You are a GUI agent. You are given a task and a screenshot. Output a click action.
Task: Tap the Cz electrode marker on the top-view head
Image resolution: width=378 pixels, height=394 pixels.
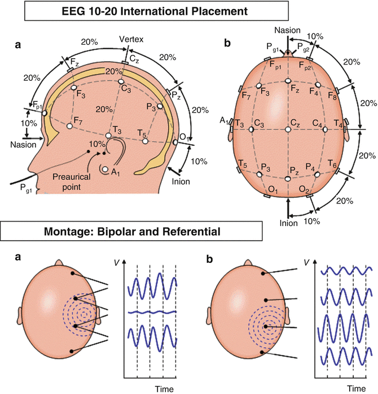click(x=288, y=129)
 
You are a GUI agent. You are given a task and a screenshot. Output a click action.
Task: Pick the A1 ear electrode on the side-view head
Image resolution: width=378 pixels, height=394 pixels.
click(x=106, y=168)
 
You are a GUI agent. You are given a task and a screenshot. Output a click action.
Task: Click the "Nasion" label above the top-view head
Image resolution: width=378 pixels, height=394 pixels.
click(x=288, y=29)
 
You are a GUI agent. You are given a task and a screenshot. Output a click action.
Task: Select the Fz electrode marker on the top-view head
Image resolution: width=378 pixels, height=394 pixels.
click(x=288, y=80)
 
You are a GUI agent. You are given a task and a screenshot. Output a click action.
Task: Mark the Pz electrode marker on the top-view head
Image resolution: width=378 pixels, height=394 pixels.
click(x=288, y=179)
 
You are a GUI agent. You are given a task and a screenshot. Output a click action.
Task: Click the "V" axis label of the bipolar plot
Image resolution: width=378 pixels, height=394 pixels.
click(x=117, y=262)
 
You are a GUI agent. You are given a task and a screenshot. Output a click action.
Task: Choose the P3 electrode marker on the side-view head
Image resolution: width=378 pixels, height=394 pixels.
click(x=160, y=106)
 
